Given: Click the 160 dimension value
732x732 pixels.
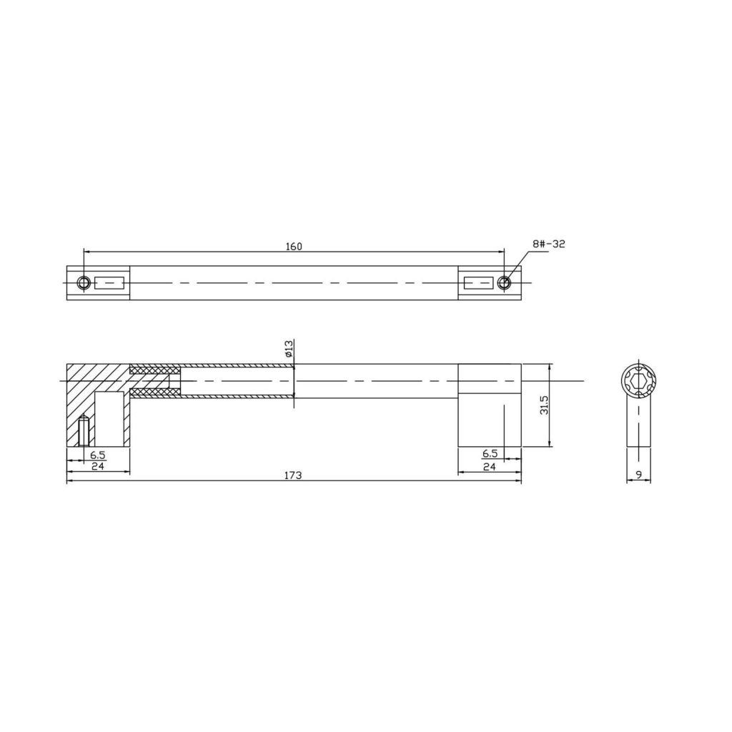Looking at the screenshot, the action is [294, 247].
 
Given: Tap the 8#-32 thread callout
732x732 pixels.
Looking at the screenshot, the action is [548, 244].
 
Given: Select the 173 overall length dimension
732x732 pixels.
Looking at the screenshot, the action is [293, 475].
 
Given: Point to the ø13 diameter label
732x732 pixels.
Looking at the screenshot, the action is [289, 349].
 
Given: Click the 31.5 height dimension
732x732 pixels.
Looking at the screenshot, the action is [543, 405].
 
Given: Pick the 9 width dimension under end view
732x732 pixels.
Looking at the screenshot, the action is [639, 475].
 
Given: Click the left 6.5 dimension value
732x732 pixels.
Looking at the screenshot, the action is [97, 454].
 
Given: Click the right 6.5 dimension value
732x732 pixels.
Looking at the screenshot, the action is [490, 453].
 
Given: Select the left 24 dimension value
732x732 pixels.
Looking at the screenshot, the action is [97, 465].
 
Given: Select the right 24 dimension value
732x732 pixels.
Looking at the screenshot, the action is [489, 466].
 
